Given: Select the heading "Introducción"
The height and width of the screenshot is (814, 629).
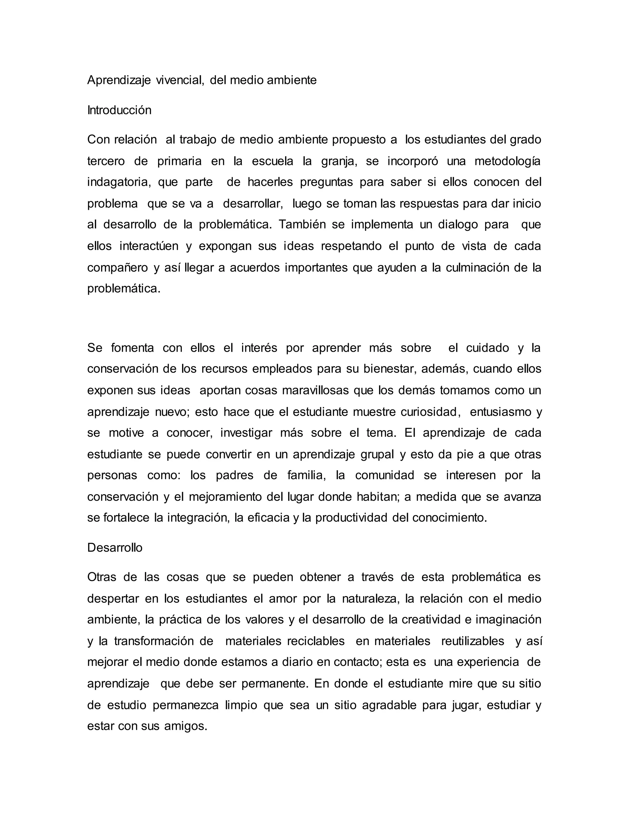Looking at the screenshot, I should pos(119,110).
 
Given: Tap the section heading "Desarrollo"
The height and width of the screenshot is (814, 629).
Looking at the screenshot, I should pos(115,547).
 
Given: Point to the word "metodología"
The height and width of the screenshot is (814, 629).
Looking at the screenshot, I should pos(507,161).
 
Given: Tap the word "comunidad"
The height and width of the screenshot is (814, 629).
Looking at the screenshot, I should pos(385,475).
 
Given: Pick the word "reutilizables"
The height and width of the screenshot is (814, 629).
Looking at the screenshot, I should pos(472,641).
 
